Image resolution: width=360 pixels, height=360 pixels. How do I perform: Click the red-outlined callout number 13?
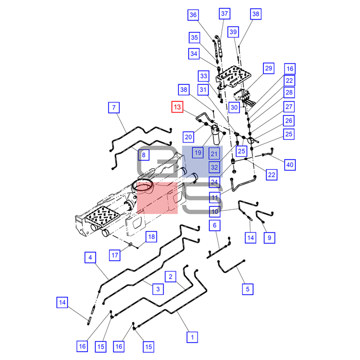coord(177,107)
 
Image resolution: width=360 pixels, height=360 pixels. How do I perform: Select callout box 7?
coord(114,107)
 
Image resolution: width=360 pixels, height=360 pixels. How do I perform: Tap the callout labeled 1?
coord(191,337)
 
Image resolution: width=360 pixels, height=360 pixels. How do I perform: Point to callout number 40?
coord(290,165)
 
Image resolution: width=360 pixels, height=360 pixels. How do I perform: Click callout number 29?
coord(268,68)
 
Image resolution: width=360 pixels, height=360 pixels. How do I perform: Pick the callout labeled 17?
coord(116,254)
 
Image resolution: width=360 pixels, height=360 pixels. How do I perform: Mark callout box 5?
coord(247,289)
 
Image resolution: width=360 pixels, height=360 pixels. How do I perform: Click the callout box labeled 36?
coord(193,15)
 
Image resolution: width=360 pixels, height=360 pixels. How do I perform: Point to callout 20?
coord(189,137)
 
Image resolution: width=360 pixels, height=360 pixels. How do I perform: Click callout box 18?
coord(151,237)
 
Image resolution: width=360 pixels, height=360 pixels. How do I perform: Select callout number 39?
coord(233,32)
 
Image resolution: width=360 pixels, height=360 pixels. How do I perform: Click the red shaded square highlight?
coord(157,197)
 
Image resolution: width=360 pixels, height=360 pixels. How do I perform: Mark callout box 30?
coord(235,107)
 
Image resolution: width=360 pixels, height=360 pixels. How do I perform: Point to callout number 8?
coord(143,154)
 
